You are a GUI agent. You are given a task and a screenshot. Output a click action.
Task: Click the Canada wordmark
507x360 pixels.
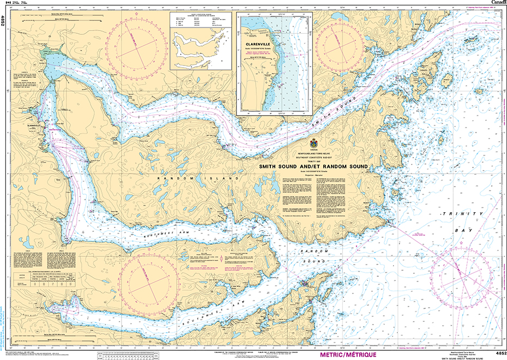(x=498, y=3)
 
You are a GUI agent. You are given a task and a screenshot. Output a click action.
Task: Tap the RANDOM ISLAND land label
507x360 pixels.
(x=197, y=179)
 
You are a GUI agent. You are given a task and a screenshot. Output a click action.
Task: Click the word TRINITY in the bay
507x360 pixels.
(x=456, y=213)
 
